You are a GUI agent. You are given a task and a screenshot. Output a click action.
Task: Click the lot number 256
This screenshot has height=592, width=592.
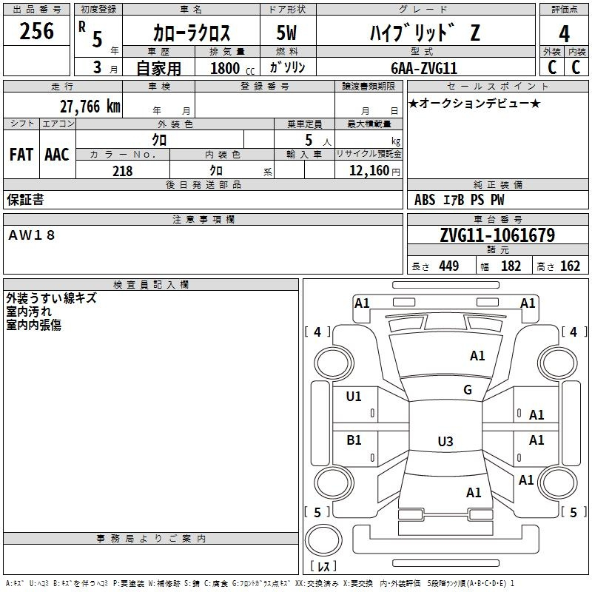tap(36, 30)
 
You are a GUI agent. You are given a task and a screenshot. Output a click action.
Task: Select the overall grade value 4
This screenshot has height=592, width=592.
tap(564, 33)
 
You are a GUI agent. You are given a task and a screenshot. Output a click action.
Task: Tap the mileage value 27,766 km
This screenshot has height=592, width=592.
tap(90, 107)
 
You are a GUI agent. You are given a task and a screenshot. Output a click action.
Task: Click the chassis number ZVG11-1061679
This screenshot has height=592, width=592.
tap(497, 235)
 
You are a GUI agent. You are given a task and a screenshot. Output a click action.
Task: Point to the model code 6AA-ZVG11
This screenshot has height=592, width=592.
tap(424, 68)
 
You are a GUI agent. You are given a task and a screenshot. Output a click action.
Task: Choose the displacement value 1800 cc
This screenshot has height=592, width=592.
tap(232, 68)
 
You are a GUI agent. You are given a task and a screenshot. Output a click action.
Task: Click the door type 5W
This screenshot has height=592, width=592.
tap(286, 33)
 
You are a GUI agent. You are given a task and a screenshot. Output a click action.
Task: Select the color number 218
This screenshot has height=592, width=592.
tap(122, 171)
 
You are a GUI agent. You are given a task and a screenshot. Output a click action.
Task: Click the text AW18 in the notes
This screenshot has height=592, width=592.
tap(32, 235)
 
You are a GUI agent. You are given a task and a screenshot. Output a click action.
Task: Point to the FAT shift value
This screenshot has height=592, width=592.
tap(21, 155)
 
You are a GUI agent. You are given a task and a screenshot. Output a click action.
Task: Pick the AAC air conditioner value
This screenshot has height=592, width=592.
tap(57, 155)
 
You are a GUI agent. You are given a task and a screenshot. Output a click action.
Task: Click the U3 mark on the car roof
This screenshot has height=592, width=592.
tap(445, 441)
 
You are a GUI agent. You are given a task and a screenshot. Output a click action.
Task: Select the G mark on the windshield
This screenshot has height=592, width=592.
tap(468, 389)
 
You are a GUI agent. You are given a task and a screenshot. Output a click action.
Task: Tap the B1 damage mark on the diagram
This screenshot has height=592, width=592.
tap(354, 440)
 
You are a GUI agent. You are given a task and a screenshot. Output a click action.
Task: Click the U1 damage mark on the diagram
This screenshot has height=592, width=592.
tap(354, 396)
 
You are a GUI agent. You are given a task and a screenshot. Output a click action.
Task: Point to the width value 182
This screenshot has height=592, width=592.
tap(511, 266)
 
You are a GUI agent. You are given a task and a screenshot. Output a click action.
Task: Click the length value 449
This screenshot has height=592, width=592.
tap(449, 266)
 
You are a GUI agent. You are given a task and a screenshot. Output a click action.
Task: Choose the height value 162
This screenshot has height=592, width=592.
tap(570, 266)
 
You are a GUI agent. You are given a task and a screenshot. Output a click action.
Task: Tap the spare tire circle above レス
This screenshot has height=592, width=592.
tap(323, 540)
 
